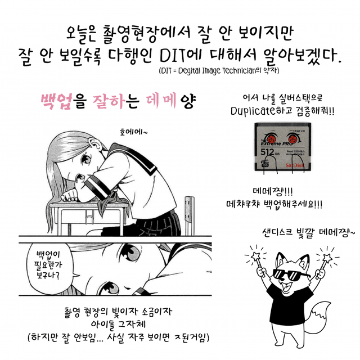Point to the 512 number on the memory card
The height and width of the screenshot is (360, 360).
267,152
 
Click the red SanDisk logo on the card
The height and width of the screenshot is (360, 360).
295,165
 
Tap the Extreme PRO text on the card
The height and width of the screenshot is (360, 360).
277,144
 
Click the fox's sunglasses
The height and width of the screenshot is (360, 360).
291,274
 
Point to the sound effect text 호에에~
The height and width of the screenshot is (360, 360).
134,132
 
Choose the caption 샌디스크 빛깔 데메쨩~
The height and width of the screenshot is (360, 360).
308,232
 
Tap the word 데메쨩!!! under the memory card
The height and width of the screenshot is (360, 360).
272,191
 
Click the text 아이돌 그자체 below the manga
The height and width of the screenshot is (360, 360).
119,324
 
